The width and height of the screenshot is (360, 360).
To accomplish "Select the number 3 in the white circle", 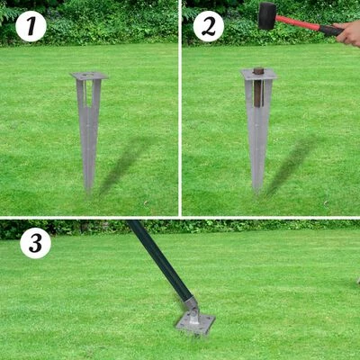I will click(35, 243).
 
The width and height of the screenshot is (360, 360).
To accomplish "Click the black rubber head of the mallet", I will click(266, 15).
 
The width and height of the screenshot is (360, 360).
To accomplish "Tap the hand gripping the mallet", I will click(348, 33).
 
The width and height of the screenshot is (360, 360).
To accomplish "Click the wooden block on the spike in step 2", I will click(258, 70).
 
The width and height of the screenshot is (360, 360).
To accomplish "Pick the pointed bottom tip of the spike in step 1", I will click(88, 190).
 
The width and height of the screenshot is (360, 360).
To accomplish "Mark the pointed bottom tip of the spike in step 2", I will click(257, 191).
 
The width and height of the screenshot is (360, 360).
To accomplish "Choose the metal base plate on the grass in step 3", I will click(195, 322).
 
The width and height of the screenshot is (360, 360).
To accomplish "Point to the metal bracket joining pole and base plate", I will click(192, 306).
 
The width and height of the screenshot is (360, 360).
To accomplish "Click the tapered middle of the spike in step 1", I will click(88, 135).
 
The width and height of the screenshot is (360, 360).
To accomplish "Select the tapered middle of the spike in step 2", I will click(258, 135).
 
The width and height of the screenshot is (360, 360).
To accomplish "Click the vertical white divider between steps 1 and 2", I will click(180, 108).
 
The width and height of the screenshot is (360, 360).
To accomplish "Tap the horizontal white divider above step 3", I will click(180, 218).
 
